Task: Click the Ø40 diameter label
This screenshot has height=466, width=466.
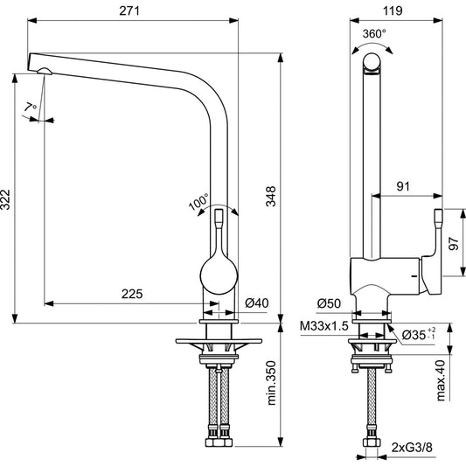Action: click(x=256, y=303)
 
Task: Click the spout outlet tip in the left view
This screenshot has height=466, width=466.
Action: click(x=40, y=67)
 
